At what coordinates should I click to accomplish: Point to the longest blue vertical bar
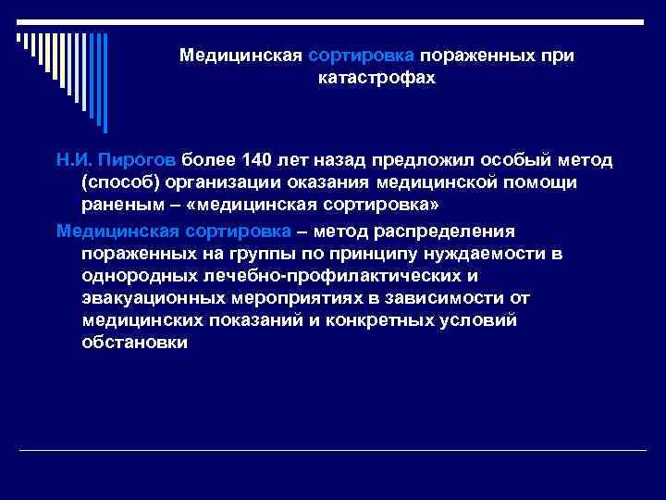point(105,83)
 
